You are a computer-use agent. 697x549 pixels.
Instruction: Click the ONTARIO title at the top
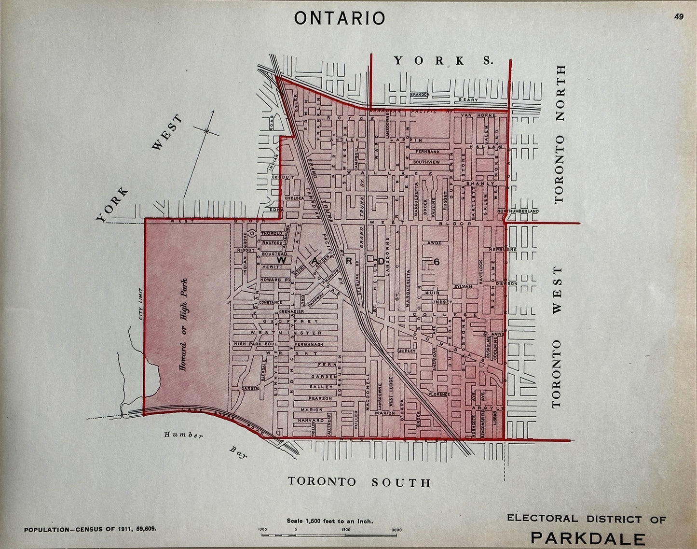tap(340, 18)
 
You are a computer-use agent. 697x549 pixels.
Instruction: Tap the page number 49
tap(679, 16)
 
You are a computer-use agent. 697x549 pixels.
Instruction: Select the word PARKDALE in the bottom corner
tap(588, 538)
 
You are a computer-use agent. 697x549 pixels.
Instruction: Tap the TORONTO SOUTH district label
tap(359, 482)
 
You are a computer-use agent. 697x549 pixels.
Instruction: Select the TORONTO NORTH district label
tap(559, 134)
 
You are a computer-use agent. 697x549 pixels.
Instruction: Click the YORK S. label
tap(443, 60)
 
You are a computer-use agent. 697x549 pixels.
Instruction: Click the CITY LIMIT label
tap(141, 304)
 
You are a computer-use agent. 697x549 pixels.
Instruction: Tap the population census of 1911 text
tap(90, 529)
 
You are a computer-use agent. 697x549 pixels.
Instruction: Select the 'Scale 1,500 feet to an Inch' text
tap(330, 521)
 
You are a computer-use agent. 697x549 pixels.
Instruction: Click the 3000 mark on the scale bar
tap(396, 530)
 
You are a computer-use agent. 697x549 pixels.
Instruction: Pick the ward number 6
tap(436, 262)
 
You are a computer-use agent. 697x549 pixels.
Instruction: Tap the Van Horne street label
tap(473, 115)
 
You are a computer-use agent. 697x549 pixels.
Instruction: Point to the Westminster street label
tap(286, 333)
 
